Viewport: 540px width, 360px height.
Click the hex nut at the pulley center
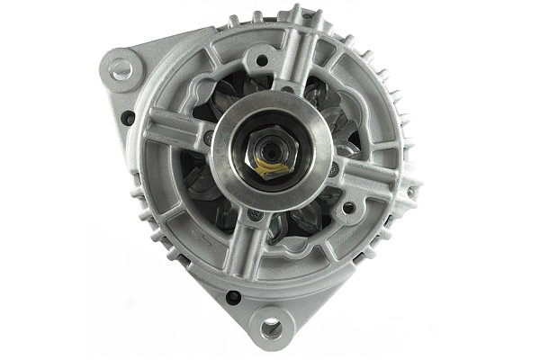tap(271, 148)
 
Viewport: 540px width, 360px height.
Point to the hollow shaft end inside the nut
tap(272, 153)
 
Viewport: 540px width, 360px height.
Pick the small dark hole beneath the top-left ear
tap(128, 117)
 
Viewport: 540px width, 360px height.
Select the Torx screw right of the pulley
tap(334, 168)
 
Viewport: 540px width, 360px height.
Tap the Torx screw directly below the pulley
tap(256, 215)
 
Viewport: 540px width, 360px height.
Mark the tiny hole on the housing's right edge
tap(410, 192)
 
